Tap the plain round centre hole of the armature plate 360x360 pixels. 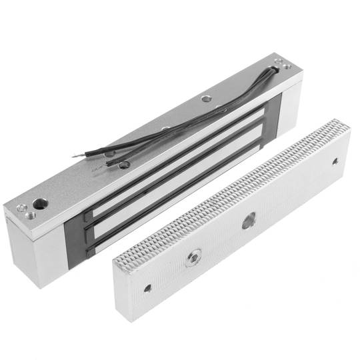click(x=249, y=221)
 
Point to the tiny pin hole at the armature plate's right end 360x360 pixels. click(x=335, y=161)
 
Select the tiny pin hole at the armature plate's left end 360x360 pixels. click(x=147, y=288)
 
